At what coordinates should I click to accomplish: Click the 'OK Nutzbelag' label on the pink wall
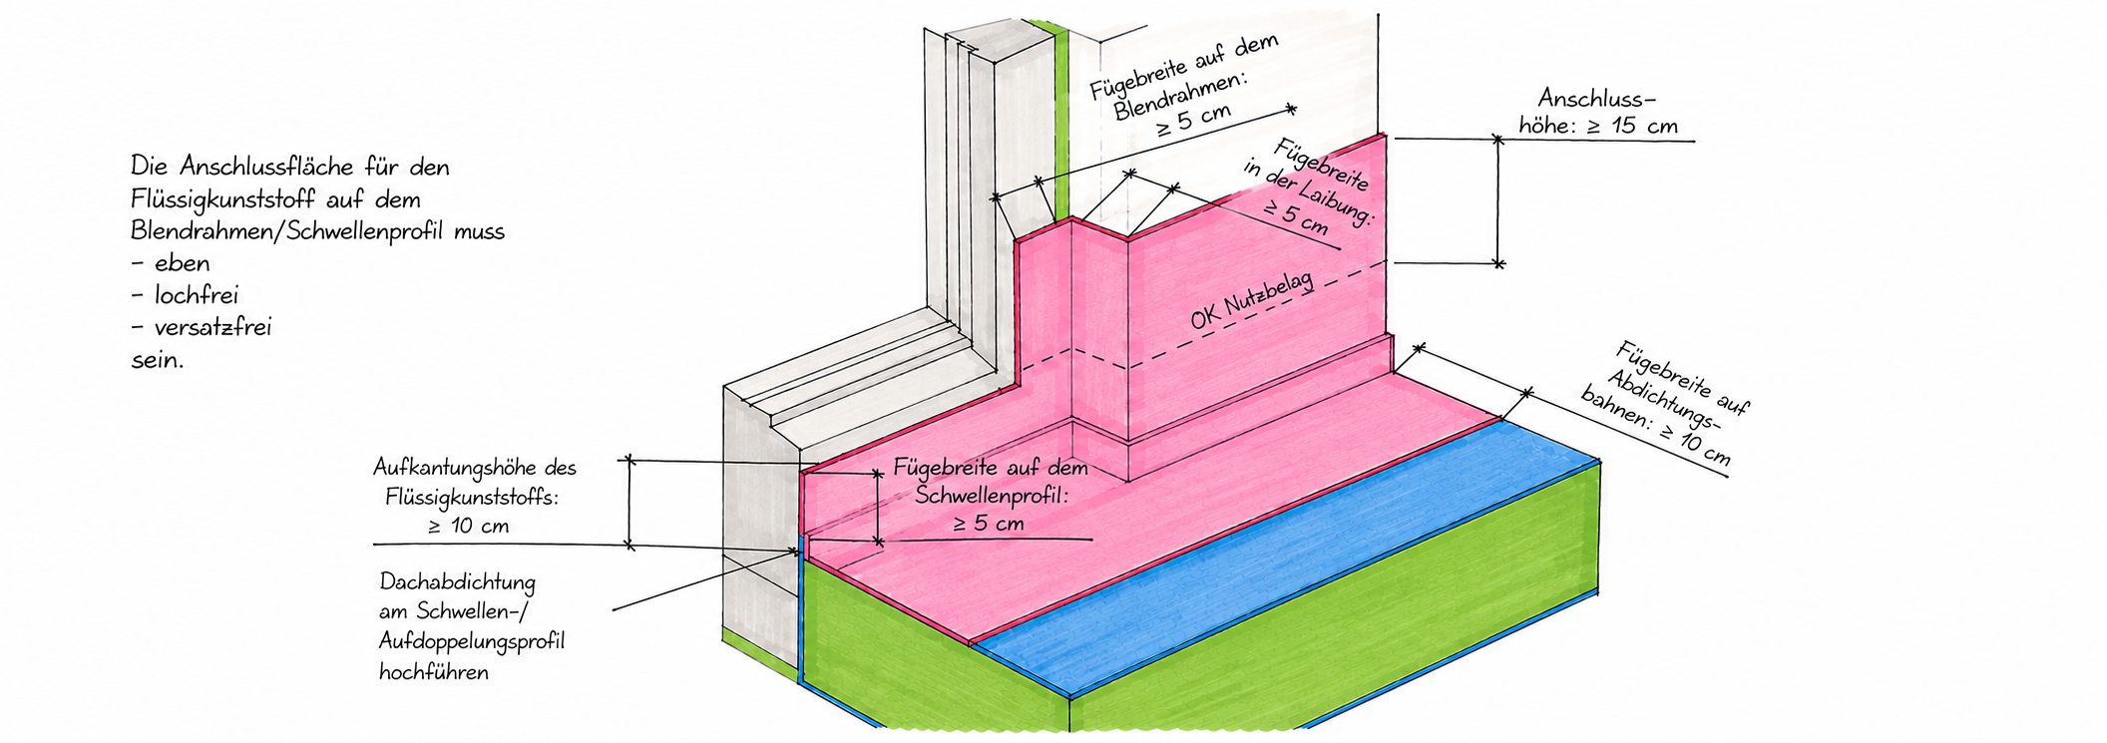pos(1251,302)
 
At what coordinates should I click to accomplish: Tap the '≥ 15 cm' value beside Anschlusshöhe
pos(1631,127)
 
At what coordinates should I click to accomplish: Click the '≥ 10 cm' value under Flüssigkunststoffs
pos(468,526)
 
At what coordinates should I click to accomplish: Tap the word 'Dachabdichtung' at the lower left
pos(458,582)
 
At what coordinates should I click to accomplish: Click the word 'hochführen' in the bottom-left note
pos(434,671)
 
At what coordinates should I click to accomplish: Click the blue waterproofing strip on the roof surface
pos(1287,558)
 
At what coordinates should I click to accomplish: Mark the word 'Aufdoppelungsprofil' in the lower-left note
pos(472,641)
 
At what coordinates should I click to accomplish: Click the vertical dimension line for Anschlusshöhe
pos(1497,201)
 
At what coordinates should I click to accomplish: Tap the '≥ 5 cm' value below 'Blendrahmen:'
pos(1194,121)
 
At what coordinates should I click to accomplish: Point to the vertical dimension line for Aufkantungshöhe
pos(629,503)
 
